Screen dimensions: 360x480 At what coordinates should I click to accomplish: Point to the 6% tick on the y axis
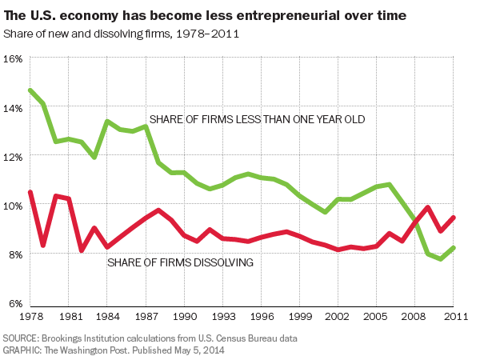13,303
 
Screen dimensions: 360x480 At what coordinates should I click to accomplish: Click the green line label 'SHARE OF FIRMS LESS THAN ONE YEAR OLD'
256,119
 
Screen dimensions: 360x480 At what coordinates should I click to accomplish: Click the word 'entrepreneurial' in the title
270,15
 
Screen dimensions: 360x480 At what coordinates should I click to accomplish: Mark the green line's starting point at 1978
30,90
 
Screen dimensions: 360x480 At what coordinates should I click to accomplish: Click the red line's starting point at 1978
30,192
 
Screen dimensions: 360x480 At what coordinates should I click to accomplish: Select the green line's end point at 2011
454,248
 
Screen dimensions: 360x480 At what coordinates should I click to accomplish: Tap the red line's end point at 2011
454,217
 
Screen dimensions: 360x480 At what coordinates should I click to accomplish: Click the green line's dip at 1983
94,157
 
